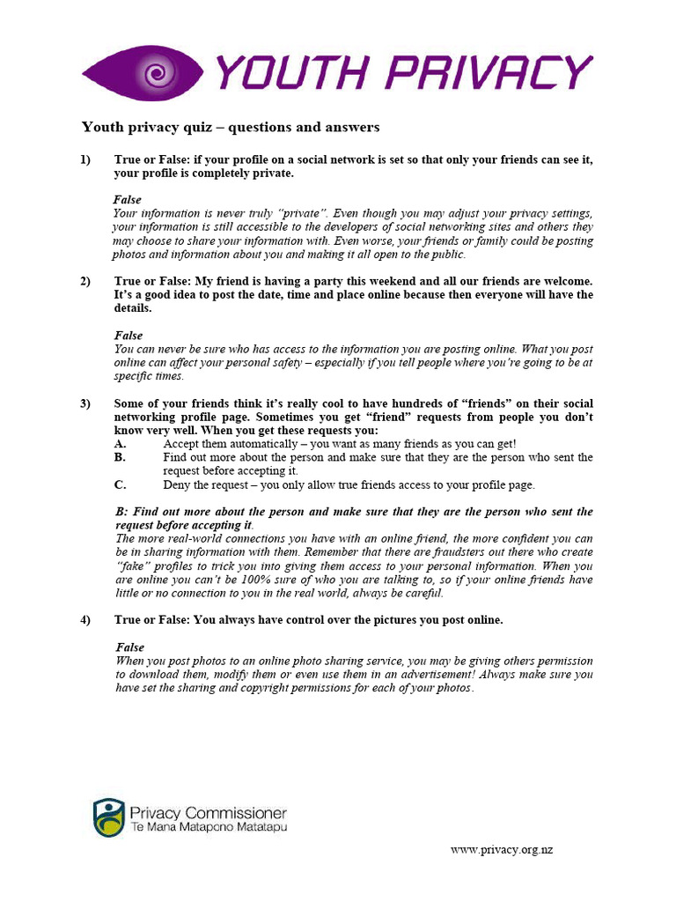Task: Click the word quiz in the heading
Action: coord(196,128)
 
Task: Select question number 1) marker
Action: coord(85,159)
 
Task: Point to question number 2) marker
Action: coord(85,281)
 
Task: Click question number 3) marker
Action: coord(85,403)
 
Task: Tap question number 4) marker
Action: coord(85,620)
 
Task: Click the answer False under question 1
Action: coord(128,200)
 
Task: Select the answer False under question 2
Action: coord(129,336)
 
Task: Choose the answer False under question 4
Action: coord(129,647)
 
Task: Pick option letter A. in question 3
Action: coord(120,444)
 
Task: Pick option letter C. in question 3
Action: coord(120,484)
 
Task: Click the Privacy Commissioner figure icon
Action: coord(109,818)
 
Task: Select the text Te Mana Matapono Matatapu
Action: coord(208,828)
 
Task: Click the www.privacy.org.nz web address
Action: coord(502,850)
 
